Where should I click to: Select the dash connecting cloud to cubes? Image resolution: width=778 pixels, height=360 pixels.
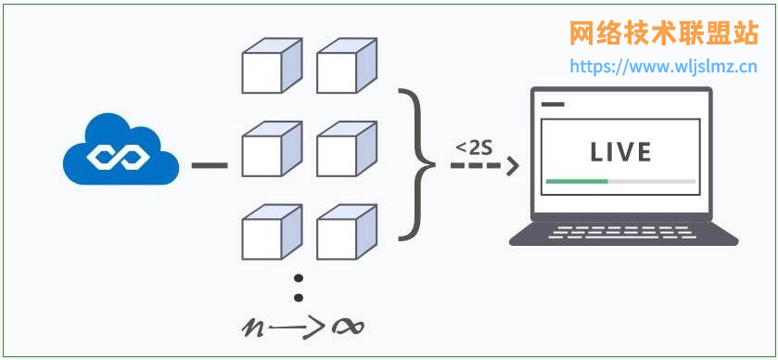210,166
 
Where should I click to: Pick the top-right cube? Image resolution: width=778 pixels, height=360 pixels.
346,66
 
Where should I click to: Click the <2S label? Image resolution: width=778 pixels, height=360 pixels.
473,147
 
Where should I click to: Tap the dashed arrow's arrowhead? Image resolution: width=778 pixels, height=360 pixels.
510,166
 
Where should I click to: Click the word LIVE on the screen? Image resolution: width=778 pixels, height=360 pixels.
620,151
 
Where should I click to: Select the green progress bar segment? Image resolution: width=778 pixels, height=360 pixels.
577,181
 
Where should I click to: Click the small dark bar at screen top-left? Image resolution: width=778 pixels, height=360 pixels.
552,104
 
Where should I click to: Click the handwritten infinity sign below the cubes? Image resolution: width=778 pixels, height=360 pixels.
345,327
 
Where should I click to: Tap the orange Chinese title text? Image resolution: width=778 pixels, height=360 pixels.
663,33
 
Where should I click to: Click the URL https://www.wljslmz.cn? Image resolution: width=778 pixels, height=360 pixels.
663,67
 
